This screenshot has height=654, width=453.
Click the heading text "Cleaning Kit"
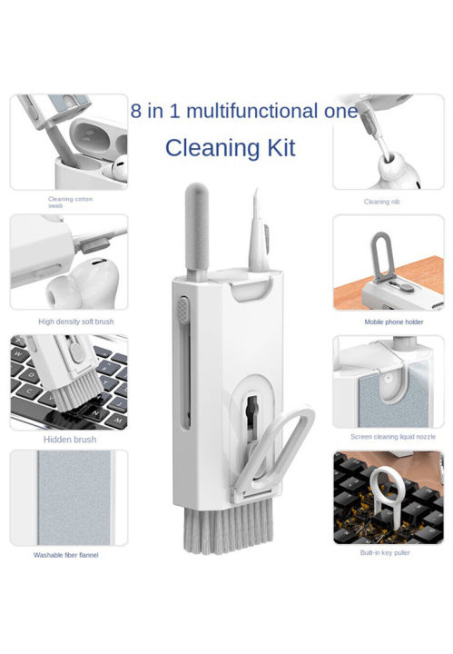tap(230, 148)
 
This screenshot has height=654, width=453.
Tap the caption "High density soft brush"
tap(76, 322)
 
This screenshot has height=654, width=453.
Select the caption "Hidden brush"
tap(70, 440)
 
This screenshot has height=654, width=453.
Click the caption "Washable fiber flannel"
tap(66, 555)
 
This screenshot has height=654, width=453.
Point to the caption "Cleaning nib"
tap(382, 202)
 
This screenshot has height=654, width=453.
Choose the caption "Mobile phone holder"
tap(394, 322)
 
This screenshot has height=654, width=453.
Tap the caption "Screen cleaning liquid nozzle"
tap(393, 437)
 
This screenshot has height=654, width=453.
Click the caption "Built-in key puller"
tap(385, 552)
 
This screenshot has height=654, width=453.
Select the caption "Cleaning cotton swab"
tap(70, 203)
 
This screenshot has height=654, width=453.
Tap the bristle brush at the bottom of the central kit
tap(229, 526)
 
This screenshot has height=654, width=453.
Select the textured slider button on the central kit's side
tap(182, 310)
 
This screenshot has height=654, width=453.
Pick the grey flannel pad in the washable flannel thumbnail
tap(74, 498)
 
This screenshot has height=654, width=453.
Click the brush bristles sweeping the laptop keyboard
tap(76, 395)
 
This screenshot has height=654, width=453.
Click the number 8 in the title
tap(136, 111)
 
